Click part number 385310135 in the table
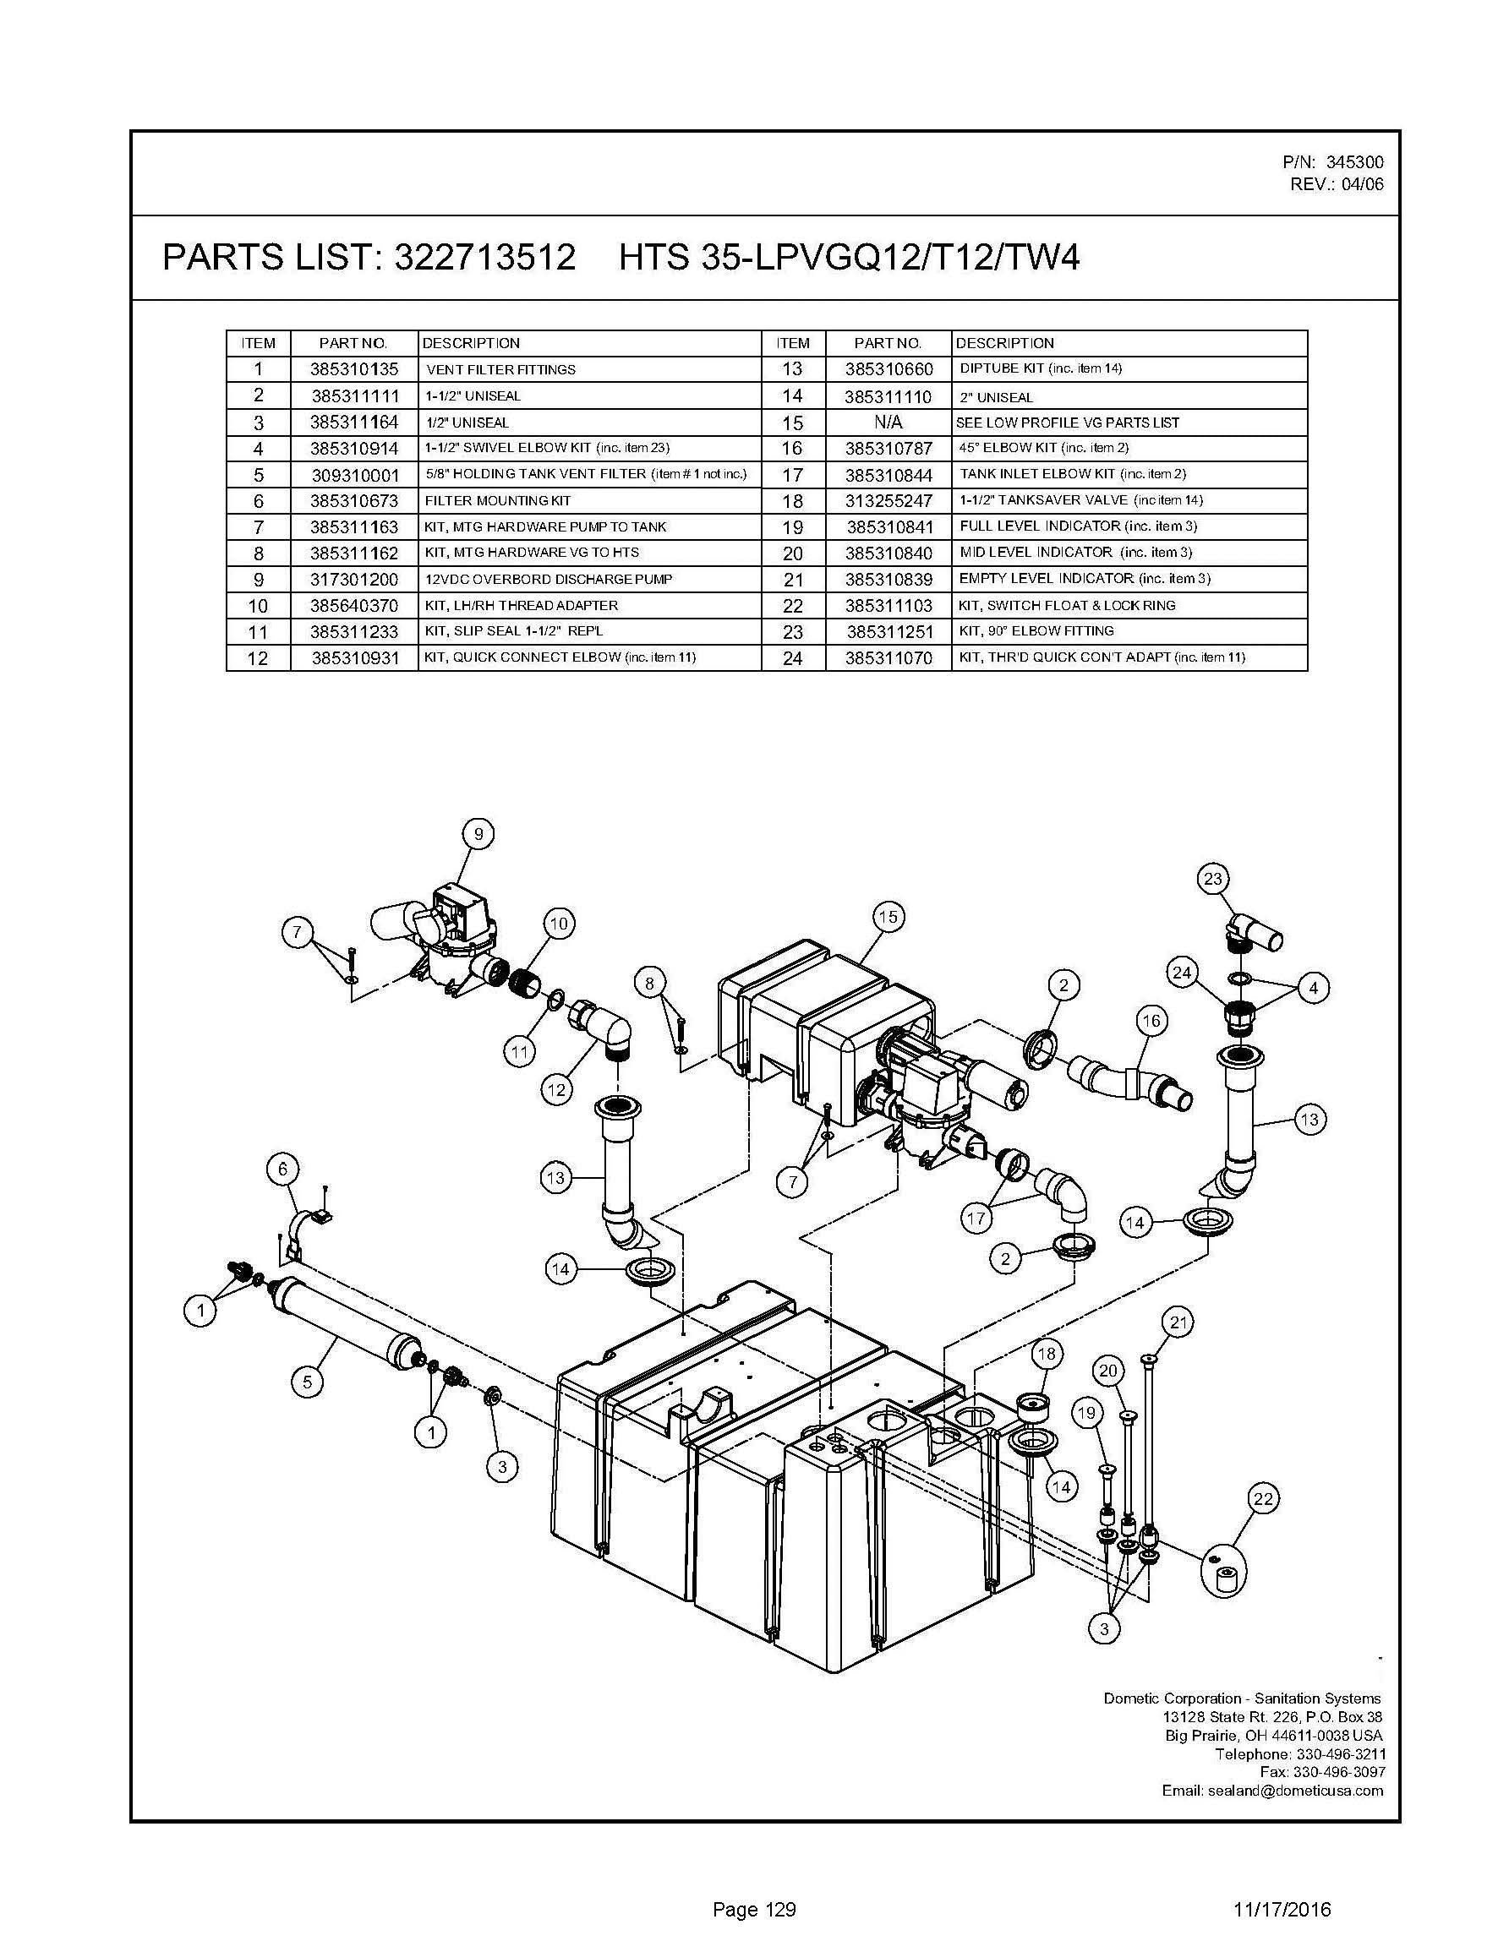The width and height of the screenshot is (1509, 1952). tap(354, 369)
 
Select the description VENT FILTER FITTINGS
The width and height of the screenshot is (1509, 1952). tap(500, 370)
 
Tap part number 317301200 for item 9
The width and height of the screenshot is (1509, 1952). tap(354, 579)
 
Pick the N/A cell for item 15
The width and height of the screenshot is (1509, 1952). tap(888, 422)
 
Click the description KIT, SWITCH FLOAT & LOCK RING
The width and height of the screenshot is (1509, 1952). tap(1067, 605)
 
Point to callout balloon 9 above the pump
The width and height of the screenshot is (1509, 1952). tap(478, 834)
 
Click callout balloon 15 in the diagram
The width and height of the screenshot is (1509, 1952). tap(888, 916)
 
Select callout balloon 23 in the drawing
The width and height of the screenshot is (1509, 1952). tap(1212, 879)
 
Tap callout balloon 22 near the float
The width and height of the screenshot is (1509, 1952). tap(1263, 1498)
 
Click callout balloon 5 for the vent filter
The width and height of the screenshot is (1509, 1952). tap(307, 1382)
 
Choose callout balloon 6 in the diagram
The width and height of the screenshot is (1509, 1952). tap(283, 1169)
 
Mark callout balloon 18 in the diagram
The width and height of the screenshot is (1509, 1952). tap(1046, 1353)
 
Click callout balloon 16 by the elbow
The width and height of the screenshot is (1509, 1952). tap(1151, 1020)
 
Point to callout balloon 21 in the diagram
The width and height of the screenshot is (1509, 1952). tap(1178, 1322)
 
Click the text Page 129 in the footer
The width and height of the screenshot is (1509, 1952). tap(753, 1909)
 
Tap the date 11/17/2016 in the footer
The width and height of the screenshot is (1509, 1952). tap(1281, 1909)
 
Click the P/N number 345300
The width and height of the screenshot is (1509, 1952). tap(1354, 162)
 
